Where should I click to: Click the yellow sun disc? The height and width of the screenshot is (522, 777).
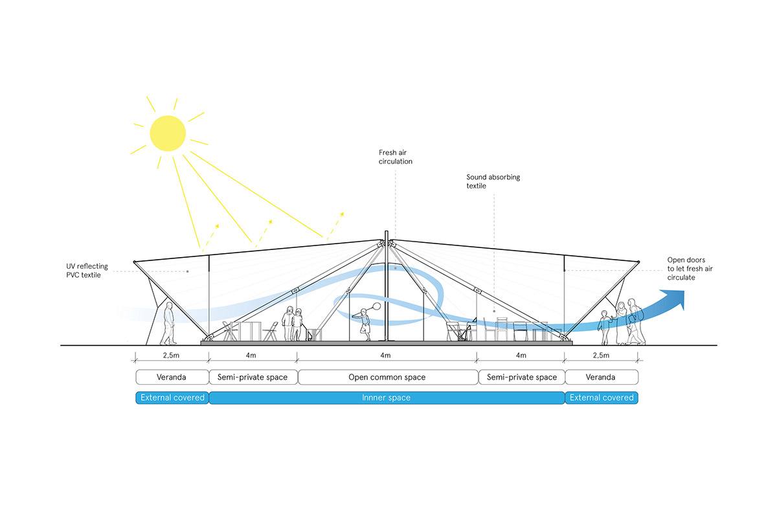click(x=168, y=132)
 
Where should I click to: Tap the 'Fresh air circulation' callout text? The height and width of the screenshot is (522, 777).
click(x=396, y=157)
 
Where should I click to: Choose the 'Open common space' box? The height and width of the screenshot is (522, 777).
click(x=387, y=377)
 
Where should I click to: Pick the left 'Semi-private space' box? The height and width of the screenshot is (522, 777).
click(x=253, y=377)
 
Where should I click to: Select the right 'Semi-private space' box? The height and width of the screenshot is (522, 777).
click(x=521, y=377)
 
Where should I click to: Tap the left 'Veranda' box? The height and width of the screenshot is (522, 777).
click(x=172, y=377)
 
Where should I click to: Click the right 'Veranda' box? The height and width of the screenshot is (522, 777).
click(x=602, y=377)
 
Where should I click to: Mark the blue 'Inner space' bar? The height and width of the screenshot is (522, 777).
click(x=387, y=398)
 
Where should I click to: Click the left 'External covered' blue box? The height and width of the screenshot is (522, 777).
click(x=172, y=398)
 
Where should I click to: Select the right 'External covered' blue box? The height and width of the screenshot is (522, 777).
click(x=602, y=398)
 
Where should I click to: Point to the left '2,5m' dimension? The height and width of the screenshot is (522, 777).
click(x=172, y=356)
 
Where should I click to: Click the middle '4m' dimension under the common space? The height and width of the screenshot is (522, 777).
click(x=387, y=356)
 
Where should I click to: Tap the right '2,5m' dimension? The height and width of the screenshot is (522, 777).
click(x=602, y=356)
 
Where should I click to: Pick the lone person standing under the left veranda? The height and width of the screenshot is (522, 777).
click(x=168, y=324)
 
